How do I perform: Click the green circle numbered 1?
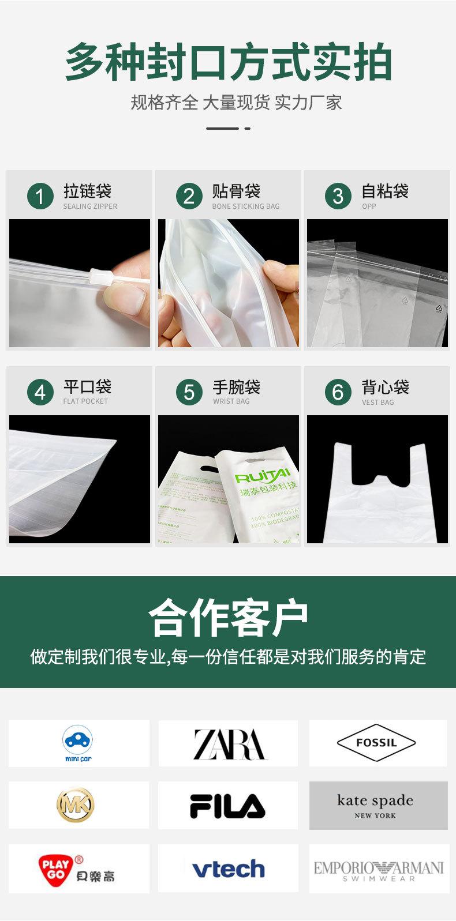coord(40,197)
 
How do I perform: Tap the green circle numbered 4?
coord(40,393)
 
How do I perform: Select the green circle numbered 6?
coord(338,393)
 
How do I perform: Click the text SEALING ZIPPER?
coord(90,206)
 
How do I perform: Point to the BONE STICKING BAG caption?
coord(245,206)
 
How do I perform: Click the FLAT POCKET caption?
coord(85,401)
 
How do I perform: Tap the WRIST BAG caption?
coord(231,401)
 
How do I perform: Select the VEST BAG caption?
coord(377,403)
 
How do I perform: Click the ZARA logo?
coord(229,744)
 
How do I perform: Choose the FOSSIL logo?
coord(376,743)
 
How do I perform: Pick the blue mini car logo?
coord(78,743)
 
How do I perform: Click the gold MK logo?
coord(75,805)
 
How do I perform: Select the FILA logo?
coord(227,806)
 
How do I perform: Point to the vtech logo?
coord(228,869)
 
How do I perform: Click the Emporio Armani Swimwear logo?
coord(379,870)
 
